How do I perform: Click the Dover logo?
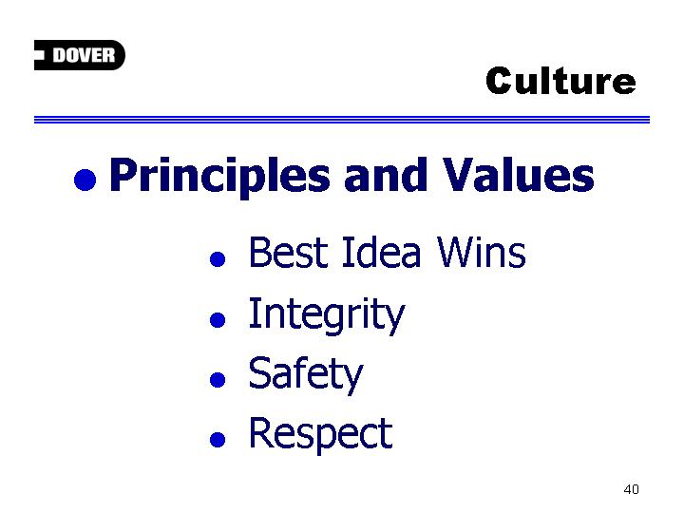click(80, 55)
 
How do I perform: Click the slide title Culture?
click(560, 81)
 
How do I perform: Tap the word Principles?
click(219, 177)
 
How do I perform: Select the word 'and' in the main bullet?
click(385, 176)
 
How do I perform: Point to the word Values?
click(518, 175)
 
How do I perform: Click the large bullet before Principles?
click(85, 180)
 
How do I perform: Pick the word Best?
click(288, 252)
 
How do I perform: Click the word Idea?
click(381, 252)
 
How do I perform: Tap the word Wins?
click(481, 252)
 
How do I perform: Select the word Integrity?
click(327, 315)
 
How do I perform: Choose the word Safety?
click(305, 375)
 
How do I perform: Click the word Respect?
click(321, 435)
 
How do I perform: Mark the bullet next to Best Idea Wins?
click(218, 258)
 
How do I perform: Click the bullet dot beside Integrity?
click(218, 320)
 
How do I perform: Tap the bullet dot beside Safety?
click(218, 379)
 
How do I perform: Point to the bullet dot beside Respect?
click(218, 440)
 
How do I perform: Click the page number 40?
click(631, 489)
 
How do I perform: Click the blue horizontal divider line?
click(342, 120)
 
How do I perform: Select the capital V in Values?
click(461, 175)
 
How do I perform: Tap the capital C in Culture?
click(501, 82)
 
